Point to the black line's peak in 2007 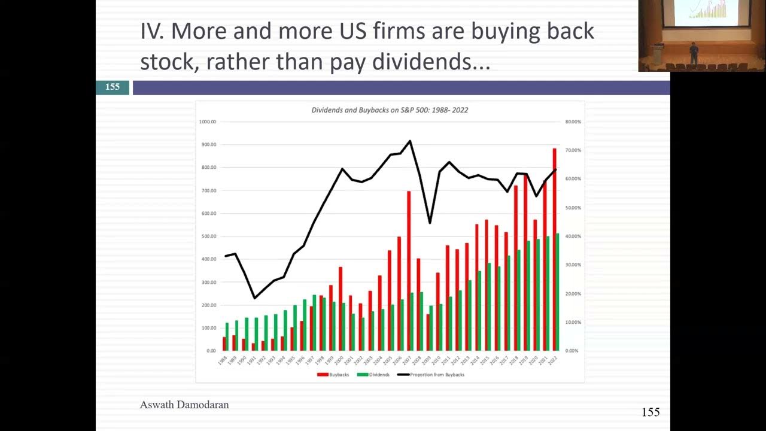[410, 141]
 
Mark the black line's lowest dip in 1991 [254, 298]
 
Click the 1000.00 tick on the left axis [208, 122]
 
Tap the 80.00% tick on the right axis [573, 122]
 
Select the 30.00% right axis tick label [573, 265]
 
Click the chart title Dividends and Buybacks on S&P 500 [390, 110]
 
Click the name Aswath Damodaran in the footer [184, 405]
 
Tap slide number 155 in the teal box [113, 87]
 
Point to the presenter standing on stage [694, 53]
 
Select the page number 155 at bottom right [651, 412]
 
